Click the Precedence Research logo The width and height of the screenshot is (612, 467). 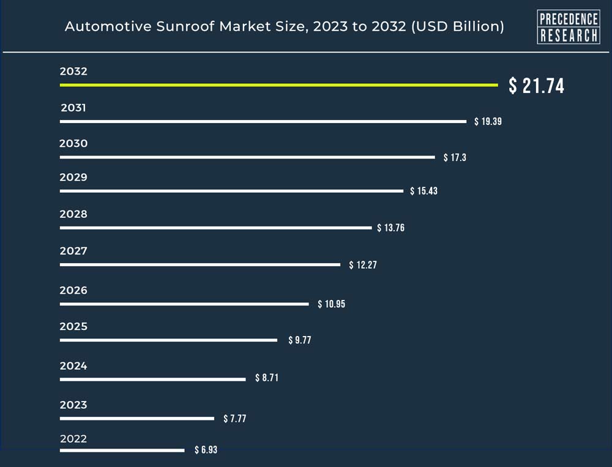[x=568, y=27]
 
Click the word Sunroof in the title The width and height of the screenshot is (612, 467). [x=174, y=27]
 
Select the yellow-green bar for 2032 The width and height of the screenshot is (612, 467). [x=278, y=85]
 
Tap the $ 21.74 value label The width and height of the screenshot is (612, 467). [x=537, y=86]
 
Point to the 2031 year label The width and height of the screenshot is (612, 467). [x=73, y=108]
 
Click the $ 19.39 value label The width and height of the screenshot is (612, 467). [x=488, y=122]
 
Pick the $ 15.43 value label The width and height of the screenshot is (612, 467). [x=424, y=192]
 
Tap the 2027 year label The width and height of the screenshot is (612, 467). [x=73, y=251]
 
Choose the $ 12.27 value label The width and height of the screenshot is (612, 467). [x=362, y=265]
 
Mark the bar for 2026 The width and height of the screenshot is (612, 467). [x=184, y=304]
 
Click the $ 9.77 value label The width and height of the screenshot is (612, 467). [x=300, y=340]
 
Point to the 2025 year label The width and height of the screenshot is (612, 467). [x=73, y=327]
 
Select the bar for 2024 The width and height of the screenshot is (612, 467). [x=152, y=379]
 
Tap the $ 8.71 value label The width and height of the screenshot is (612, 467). [x=267, y=378]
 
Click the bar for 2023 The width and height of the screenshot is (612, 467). [x=137, y=419]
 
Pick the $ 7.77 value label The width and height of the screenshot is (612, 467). [x=234, y=419]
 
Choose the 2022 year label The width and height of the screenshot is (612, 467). [x=73, y=439]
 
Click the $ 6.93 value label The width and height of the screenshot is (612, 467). [x=206, y=450]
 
